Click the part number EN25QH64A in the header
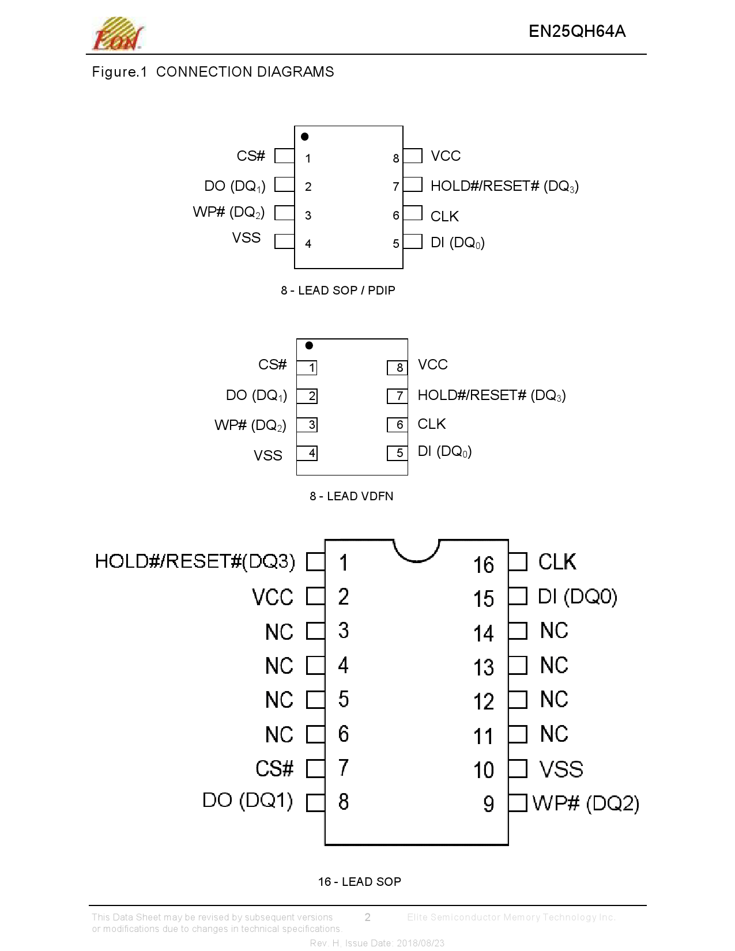click(576, 31)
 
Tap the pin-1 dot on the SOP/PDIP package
click(305, 137)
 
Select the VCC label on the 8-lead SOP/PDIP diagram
click(446, 156)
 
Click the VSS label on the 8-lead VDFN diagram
click(268, 456)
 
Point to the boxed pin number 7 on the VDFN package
click(398, 396)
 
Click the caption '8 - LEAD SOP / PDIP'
click(338, 290)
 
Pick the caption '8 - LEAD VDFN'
click(351, 496)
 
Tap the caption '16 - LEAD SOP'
click(359, 882)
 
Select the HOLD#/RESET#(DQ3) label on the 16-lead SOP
click(195, 561)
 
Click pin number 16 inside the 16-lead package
click(484, 565)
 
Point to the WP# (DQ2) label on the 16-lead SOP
click(586, 803)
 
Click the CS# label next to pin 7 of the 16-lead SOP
click(274, 769)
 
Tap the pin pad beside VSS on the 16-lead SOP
click(518, 768)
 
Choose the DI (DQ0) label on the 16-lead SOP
click(577, 597)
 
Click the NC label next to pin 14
click(554, 631)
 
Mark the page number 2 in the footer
click(368, 917)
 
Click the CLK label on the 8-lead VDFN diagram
click(432, 424)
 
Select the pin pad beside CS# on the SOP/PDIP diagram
click(284, 156)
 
